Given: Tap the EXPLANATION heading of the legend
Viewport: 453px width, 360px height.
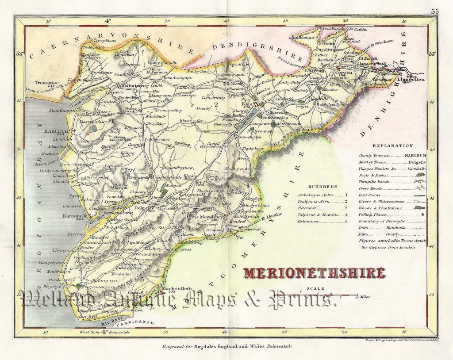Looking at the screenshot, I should (x=393, y=146).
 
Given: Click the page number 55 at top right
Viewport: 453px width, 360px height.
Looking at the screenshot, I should (x=435, y=11).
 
